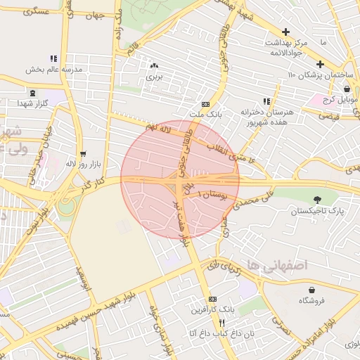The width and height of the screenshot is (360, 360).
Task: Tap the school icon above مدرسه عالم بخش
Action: pos(53,59)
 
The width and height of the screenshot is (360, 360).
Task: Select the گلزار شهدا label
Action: pos(32,103)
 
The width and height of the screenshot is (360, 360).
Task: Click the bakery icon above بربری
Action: pos(153,65)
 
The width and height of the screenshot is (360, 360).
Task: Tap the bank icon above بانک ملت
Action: pos(205,103)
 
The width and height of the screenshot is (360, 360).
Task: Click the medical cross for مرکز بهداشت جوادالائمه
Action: pos(285,32)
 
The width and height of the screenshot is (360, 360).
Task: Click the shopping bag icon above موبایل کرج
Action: pos(347,89)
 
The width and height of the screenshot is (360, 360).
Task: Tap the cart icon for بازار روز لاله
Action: pos(84,153)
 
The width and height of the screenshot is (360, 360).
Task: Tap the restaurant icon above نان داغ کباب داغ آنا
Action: pos(202,323)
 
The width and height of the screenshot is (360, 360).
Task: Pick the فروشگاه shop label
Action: pos(314,300)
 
